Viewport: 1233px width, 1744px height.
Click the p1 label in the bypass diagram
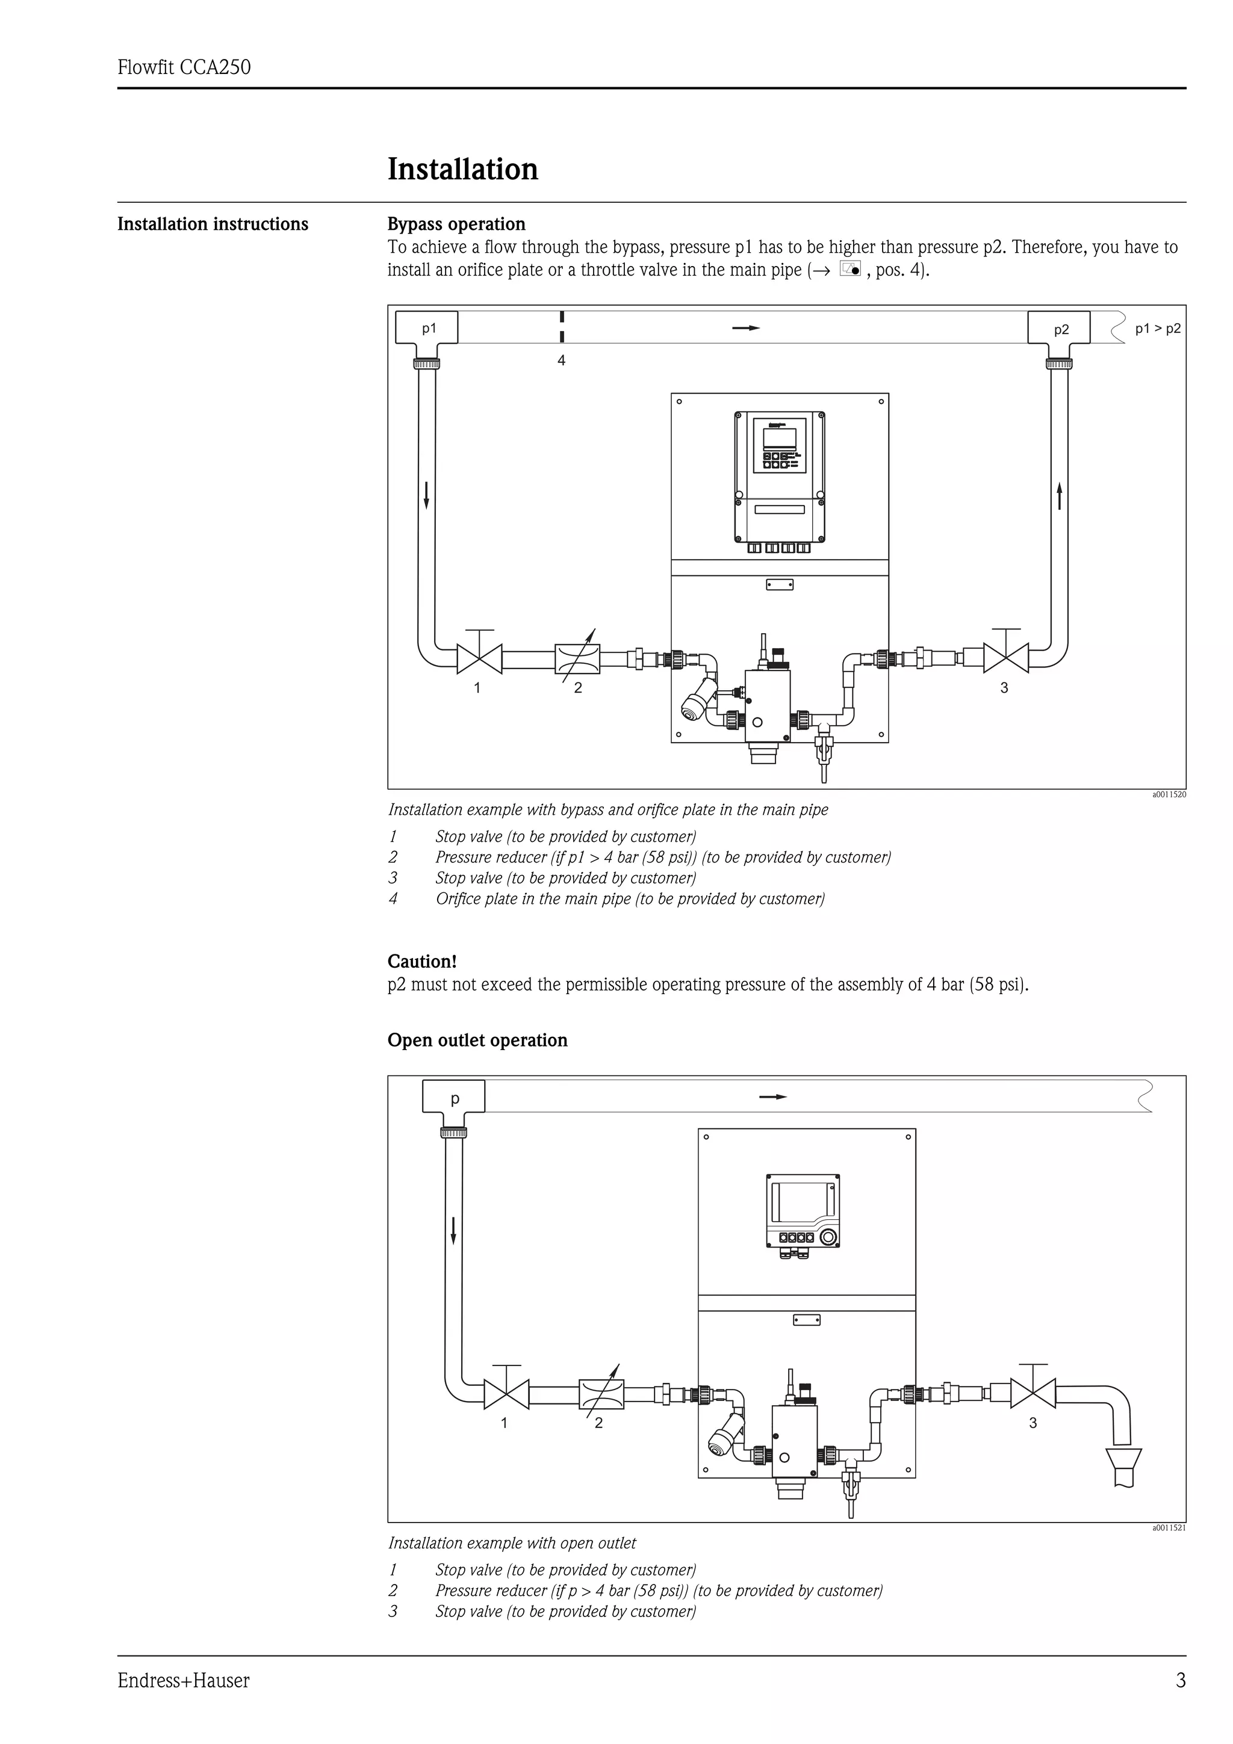[429, 328]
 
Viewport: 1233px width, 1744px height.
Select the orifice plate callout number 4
[562, 361]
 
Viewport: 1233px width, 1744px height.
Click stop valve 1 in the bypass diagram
[479, 658]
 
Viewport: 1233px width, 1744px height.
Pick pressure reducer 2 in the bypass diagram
[577, 658]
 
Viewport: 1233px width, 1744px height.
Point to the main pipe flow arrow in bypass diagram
[745, 328]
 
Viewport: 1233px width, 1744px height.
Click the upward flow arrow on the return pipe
[1059, 496]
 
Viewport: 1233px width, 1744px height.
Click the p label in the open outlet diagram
[455, 1098]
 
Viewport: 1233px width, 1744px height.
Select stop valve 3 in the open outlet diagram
[1033, 1393]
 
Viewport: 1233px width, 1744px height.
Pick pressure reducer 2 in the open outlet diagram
[601, 1394]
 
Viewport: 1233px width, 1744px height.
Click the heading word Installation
[462, 169]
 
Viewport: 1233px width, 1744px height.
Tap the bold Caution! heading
[421, 961]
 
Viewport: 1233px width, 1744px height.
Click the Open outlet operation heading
[477, 1040]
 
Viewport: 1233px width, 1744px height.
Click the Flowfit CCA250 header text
[184, 67]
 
